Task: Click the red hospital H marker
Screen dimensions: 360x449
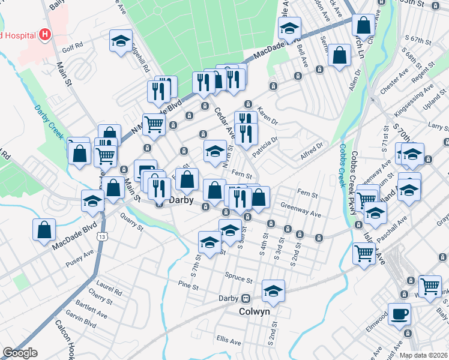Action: coord(44,35)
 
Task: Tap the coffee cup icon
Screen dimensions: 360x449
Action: coord(399,314)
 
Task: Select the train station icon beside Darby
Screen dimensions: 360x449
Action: coord(246,298)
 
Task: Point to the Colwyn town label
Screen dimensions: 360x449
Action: coord(255,311)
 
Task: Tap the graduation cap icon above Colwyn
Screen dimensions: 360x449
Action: coord(274,290)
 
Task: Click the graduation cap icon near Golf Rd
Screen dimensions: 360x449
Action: coord(121,40)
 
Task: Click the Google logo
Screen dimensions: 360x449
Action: coord(20,353)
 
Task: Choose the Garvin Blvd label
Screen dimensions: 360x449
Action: coord(82,323)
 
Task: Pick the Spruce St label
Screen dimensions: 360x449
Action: coord(239,278)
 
